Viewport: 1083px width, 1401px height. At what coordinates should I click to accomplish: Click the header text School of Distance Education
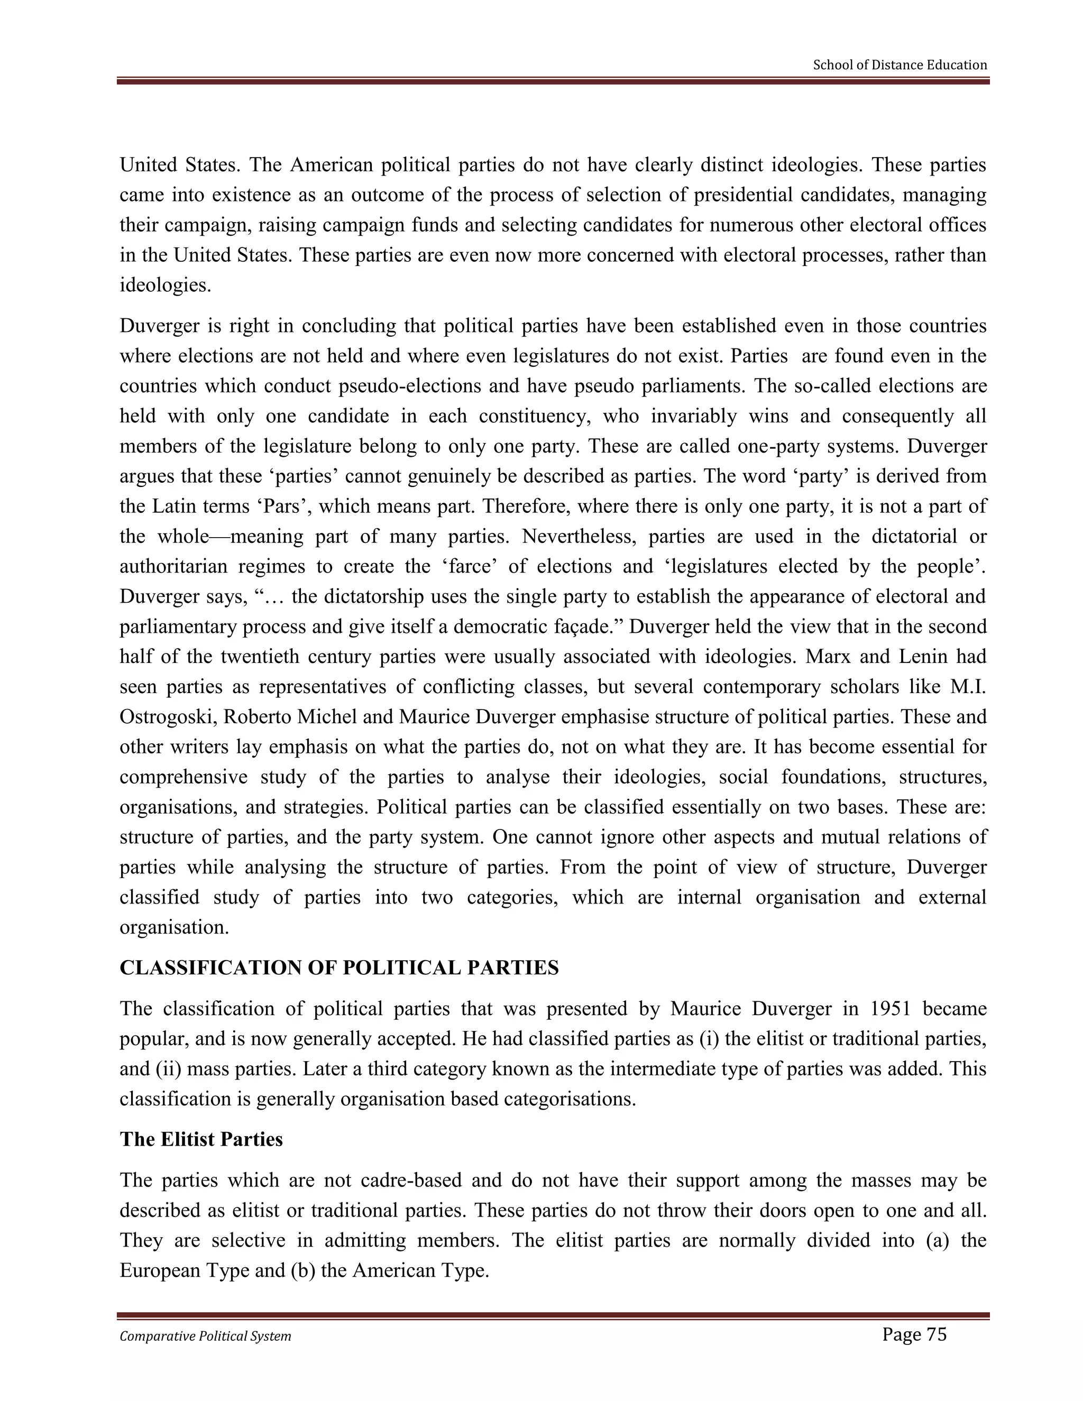(900, 65)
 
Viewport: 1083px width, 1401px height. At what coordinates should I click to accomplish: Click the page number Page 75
(914, 1335)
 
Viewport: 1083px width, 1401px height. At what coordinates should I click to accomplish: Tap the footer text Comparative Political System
(205, 1336)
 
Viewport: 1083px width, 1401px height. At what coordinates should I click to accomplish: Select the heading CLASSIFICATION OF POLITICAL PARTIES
(339, 968)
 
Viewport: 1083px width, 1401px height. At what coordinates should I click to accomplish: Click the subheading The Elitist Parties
(201, 1139)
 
